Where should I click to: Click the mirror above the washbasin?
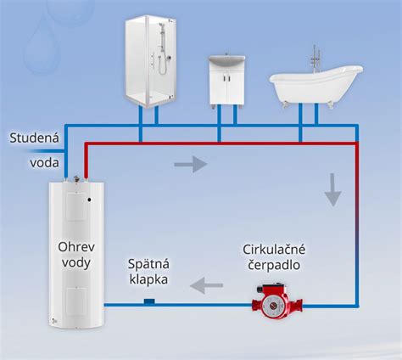pyautogui.click(x=226, y=62)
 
